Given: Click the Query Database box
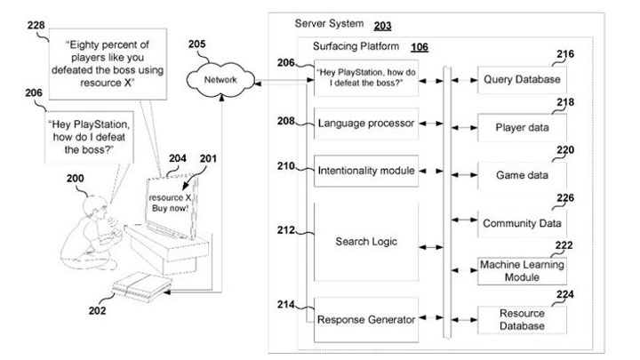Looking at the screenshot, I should click(x=522, y=80).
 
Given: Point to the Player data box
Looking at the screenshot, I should click(x=522, y=127).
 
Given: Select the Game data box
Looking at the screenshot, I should click(x=522, y=175).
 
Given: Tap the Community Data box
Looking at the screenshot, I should click(x=522, y=223).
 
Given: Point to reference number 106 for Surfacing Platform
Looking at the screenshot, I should click(x=417, y=47).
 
